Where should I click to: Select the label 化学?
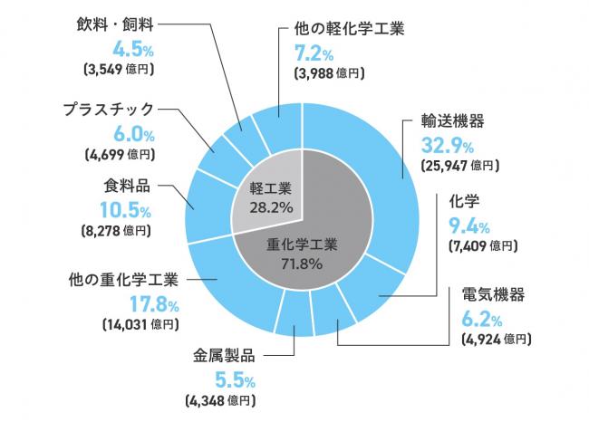[463, 202]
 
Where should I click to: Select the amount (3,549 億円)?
[119, 68]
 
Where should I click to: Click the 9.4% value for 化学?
[468, 224]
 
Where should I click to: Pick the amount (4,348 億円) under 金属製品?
[222, 399]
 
